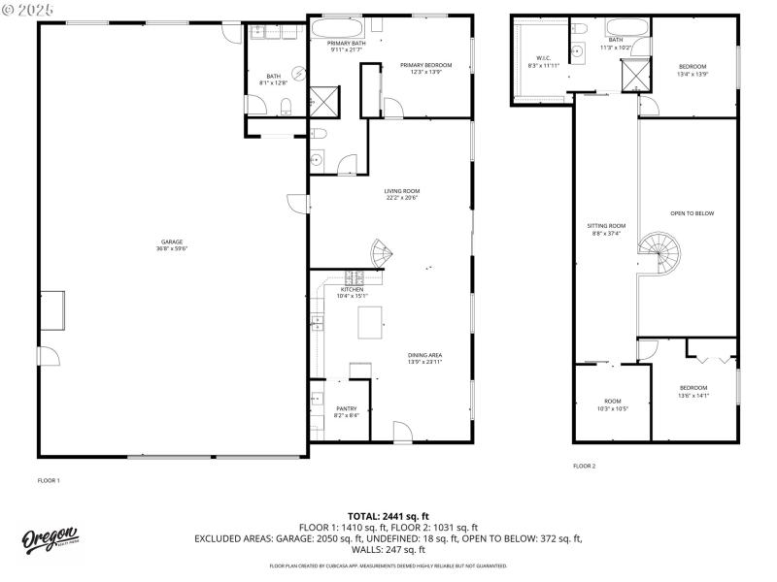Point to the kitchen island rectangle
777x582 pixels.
(x=371, y=322)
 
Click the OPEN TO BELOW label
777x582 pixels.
(x=692, y=212)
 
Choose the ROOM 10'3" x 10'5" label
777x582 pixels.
(x=612, y=404)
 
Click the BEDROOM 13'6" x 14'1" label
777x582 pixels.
(x=693, y=391)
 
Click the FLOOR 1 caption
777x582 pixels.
(x=49, y=480)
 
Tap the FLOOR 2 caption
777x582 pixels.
(x=584, y=466)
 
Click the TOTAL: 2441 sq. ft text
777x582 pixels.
(x=388, y=516)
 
